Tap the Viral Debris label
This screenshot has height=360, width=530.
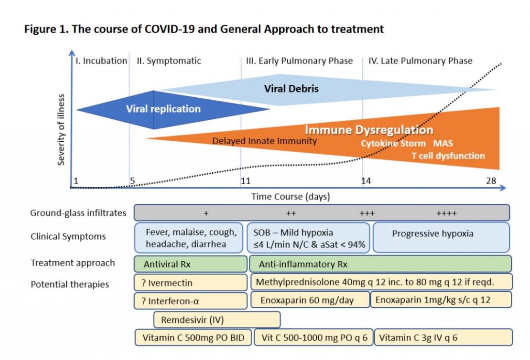[x=291, y=88]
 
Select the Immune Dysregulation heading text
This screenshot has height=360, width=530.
[x=369, y=129]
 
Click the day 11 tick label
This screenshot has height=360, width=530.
[x=245, y=181]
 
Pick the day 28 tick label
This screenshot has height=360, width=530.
[x=491, y=181]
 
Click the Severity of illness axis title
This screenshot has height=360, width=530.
[x=62, y=129]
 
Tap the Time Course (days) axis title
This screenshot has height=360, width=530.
[x=290, y=197]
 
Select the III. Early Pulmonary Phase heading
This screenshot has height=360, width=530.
[x=299, y=61]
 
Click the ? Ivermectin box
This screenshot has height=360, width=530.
[x=190, y=282]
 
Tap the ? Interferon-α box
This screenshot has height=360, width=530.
[x=190, y=301]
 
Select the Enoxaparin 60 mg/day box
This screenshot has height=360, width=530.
[x=310, y=300]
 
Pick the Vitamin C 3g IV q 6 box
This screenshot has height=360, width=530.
[x=443, y=338]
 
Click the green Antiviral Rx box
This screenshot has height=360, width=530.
[x=190, y=264]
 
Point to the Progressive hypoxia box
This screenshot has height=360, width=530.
[x=441, y=234]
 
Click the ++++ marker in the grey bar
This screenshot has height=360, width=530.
[x=446, y=213]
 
